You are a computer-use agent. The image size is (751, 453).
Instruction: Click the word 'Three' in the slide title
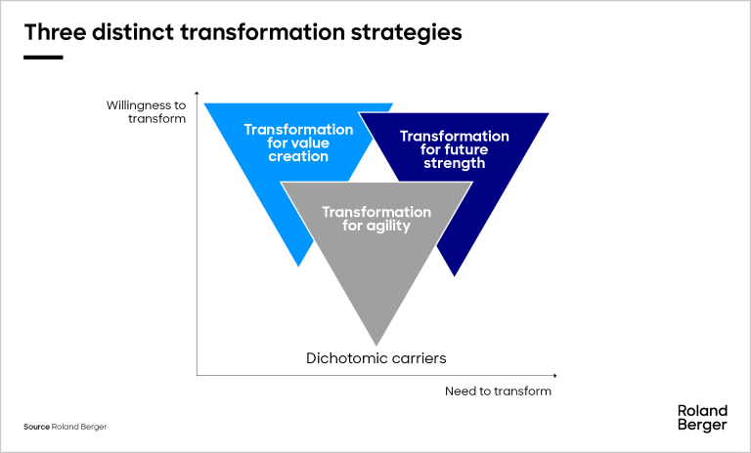(55, 32)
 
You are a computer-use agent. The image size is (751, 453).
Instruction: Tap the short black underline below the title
(43, 58)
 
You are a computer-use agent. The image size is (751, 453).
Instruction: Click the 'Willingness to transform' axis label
(146, 112)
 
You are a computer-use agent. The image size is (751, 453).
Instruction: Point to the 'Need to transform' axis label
(498, 391)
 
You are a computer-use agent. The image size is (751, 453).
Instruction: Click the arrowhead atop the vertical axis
(197, 93)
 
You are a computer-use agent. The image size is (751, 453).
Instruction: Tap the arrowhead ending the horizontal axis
(555, 376)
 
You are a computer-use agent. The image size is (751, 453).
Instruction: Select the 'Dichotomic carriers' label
(375, 358)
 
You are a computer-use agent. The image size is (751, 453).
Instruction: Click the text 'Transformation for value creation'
(298, 143)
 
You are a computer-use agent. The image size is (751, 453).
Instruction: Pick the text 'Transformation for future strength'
(455, 149)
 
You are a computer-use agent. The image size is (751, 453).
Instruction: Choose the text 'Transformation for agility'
(376, 219)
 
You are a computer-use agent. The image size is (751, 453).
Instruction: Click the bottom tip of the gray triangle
(376, 345)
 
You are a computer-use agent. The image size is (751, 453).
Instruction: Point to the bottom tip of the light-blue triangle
(299, 266)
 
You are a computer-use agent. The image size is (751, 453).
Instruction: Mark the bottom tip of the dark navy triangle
(454, 275)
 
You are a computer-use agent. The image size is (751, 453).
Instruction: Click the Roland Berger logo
(702, 418)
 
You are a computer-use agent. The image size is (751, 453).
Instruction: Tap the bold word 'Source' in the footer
(36, 427)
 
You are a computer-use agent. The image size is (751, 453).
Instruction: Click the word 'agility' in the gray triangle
(388, 226)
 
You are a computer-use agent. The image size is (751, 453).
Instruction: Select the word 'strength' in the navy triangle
(455, 163)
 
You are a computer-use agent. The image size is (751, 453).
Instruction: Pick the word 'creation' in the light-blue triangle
(298, 156)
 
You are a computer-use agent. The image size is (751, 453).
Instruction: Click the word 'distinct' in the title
(133, 32)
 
